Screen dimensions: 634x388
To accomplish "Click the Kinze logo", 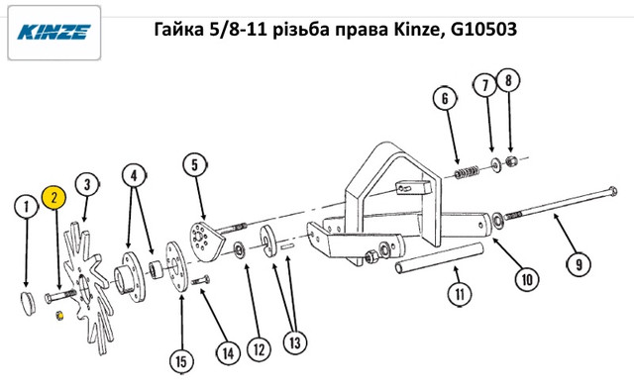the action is coord(53,33).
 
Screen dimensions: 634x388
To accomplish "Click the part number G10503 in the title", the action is coord(483,29).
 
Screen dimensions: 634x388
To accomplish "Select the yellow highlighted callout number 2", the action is coord(54,198).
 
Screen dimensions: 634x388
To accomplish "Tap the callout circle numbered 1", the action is coord(27,207).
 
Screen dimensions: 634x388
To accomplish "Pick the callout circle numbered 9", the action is coord(579,264).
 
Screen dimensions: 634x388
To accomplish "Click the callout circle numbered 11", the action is coord(460,294).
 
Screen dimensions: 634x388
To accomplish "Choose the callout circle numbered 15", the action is coord(181,361).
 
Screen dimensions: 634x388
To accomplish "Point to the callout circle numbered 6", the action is coord(445,99).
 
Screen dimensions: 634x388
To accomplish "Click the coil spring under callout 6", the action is coord(467,173).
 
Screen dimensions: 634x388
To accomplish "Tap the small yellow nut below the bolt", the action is coord(59,316).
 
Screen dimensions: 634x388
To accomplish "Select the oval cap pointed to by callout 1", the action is coord(28,303).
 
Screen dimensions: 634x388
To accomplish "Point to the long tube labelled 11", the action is coord(440,258).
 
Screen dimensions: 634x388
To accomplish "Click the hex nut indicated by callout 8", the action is coord(511,161).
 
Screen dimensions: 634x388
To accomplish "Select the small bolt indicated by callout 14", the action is coord(200,280).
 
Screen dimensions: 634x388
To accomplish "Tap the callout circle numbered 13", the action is coord(295,342).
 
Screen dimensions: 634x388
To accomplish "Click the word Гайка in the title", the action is coord(178,30).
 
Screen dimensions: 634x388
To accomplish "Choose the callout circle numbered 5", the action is coord(194,165).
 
